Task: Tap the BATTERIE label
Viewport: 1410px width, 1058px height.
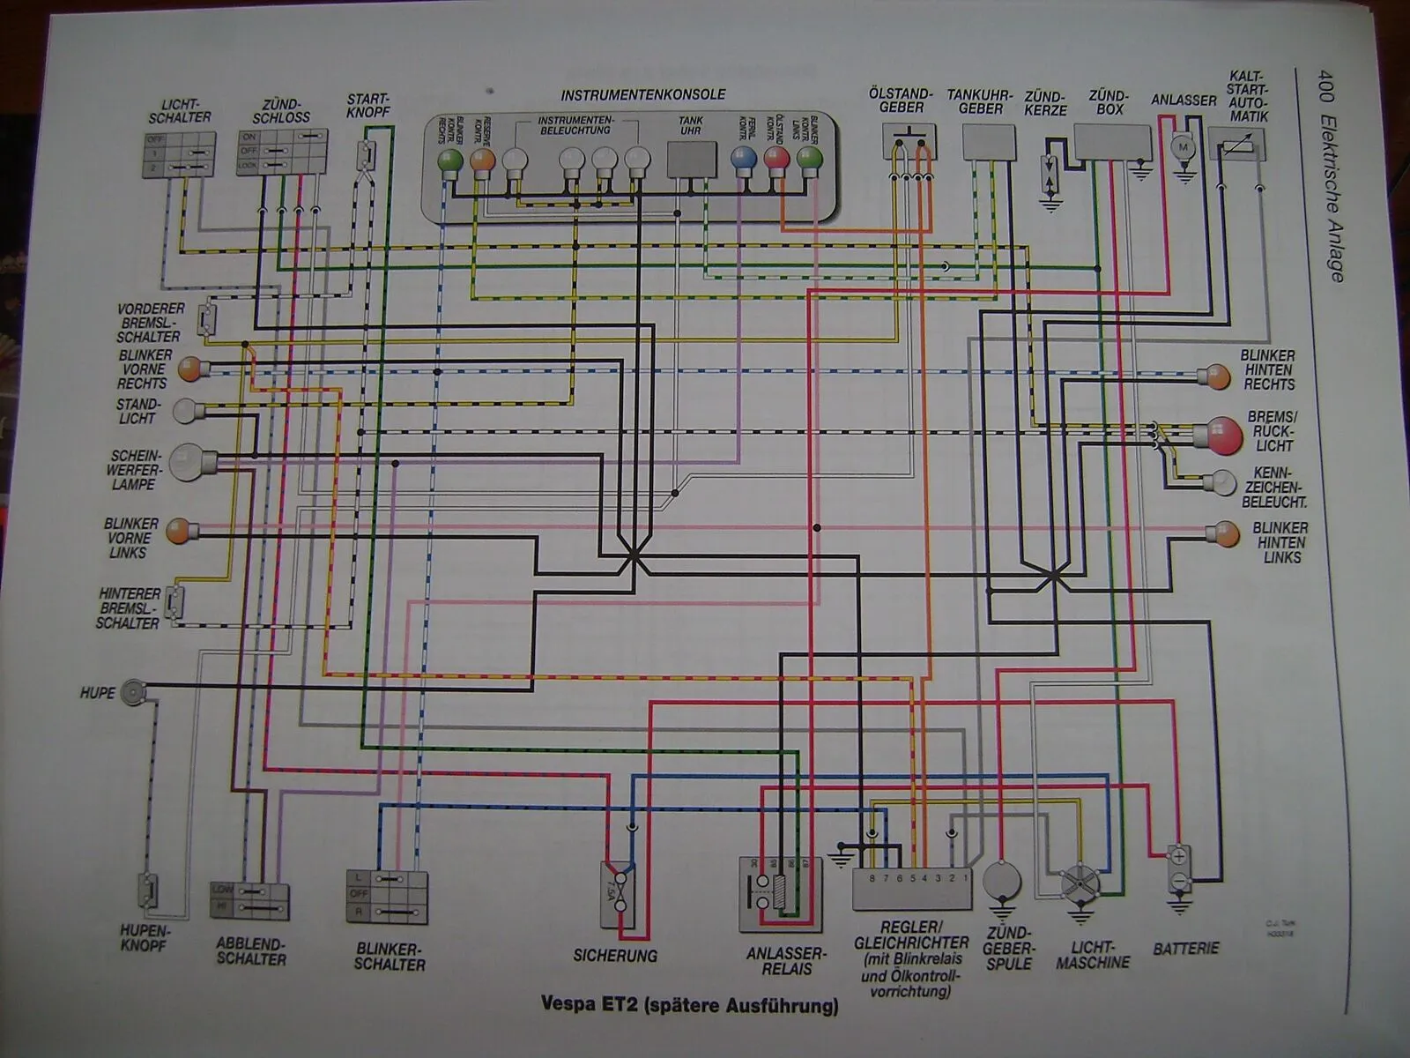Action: pyautogui.click(x=1185, y=949)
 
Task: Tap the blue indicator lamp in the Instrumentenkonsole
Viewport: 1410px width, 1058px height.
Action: pyautogui.click(x=744, y=158)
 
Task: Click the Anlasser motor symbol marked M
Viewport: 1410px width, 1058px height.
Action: pyautogui.click(x=1184, y=147)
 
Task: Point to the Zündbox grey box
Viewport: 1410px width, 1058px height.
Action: pyautogui.click(x=1111, y=142)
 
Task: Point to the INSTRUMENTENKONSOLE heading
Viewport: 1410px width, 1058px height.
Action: pyautogui.click(x=643, y=95)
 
